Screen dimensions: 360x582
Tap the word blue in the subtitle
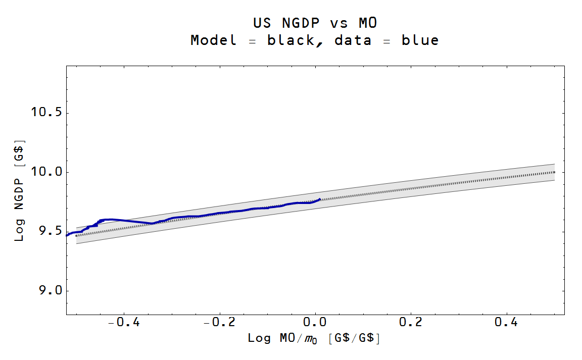point(420,40)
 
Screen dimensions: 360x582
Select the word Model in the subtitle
point(213,40)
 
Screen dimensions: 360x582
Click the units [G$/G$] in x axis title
point(354,338)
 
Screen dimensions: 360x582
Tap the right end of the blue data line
point(319,199)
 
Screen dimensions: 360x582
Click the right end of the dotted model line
point(554,172)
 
